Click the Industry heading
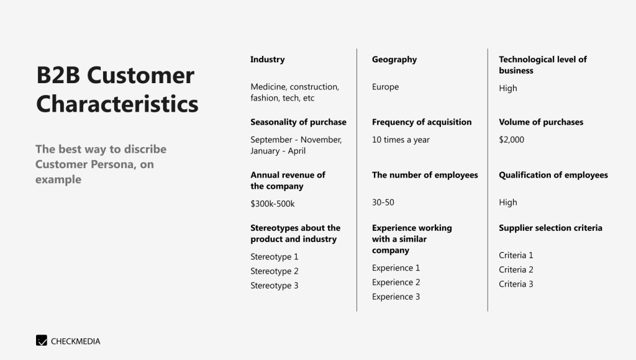pyautogui.click(x=267, y=60)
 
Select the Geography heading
pyautogui.click(x=394, y=60)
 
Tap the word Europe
pyautogui.click(x=385, y=87)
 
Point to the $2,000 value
pyautogui.click(x=512, y=140)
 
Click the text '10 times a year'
pyautogui.click(x=401, y=140)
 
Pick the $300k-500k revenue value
pyautogui.click(x=273, y=204)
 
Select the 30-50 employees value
pyautogui.click(x=383, y=202)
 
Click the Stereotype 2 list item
pyautogui.click(x=274, y=271)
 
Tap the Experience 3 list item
pyautogui.click(x=396, y=297)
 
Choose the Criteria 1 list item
pyautogui.click(x=516, y=255)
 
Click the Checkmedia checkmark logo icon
pyautogui.click(x=42, y=340)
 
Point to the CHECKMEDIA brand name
pyautogui.click(x=75, y=341)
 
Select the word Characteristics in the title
pyautogui.click(x=117, y=104)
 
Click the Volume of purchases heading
pyautogui.click(x=541, y=122)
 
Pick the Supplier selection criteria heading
pyautogui.click(x=550, y=228)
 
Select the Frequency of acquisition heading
pyautogui.click(x=422, y=122)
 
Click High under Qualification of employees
pyautogui.click(x=508, y=202)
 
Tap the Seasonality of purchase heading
pyautogui.click(x=299, y=122)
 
